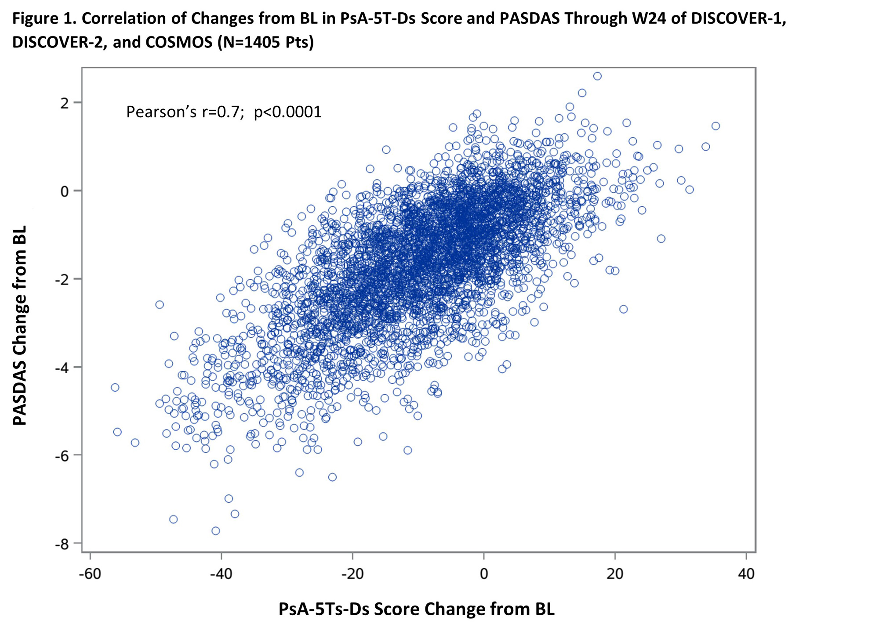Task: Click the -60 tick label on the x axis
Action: [90, 573]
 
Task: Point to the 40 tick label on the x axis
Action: [746, 573]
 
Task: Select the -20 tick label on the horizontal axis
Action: [352, 573]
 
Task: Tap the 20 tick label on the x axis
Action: [615, 573]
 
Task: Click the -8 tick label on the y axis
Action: [62, 544]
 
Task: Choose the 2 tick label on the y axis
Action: [65, 103]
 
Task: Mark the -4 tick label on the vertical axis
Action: [62, 367]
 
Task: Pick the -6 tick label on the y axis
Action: [62, 455]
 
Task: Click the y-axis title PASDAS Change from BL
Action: [20, 325]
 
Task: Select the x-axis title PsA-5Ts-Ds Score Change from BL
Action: [416, 610]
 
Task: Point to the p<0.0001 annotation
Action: [288, 112]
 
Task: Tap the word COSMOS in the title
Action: [179, 42]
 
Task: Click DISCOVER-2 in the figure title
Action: [56, 42]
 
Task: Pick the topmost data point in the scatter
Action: [597, 76]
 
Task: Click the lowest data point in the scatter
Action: [216, 531]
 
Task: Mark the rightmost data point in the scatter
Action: [716, 126]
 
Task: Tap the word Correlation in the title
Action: [133, 18]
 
